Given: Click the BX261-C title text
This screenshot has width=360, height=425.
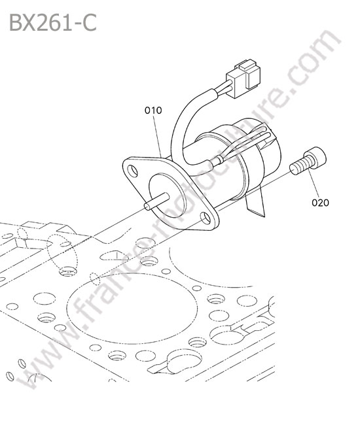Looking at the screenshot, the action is click(53, 23).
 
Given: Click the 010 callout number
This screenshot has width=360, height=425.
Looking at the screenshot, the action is click(153, 110).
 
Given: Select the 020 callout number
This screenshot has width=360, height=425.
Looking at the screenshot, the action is click(320, 203).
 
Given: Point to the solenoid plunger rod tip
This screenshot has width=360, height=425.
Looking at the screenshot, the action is click(147, 207).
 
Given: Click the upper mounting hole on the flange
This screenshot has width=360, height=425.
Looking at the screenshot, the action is click(133, 171).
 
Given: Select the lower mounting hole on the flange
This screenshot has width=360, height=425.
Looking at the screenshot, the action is click(206, 218).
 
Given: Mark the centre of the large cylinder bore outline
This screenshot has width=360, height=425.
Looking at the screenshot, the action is click(132, 309).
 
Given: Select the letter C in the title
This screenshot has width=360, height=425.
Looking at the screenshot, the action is click(89, 23).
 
